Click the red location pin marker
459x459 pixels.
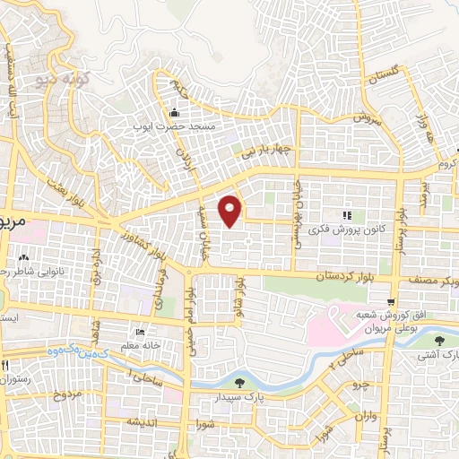(231, 210)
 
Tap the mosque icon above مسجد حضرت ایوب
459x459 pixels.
(173, 114)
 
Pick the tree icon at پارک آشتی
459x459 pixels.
(438, 341)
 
